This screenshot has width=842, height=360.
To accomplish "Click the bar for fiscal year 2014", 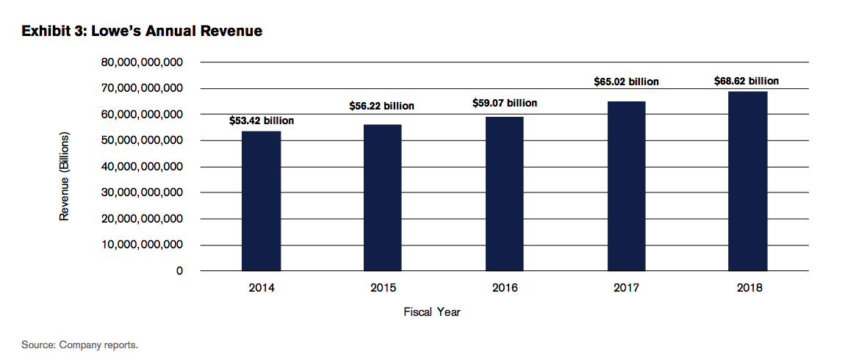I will (261, 201).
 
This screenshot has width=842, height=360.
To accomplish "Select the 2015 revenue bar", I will (382, 198).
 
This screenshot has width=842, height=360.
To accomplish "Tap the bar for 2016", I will (504, 193).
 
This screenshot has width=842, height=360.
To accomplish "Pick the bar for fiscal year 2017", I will (626, 186).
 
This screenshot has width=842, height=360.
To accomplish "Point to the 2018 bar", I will (747, 181).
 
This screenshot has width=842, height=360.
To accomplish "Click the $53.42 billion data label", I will (262, 120).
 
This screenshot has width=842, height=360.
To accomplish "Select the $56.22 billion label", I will (381, 106).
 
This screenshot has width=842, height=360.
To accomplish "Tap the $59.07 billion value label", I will (504, 103).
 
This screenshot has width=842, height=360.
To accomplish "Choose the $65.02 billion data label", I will (626, 82).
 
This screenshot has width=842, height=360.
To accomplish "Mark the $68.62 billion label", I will (746, 81).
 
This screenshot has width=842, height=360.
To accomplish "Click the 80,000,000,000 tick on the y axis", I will (143, 62).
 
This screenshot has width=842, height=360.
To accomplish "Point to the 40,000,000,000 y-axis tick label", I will (143, 167).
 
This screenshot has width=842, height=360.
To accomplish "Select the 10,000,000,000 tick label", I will (143, 245).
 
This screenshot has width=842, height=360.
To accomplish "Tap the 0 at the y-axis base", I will (179, 271).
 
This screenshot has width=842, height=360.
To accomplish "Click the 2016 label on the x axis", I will (504, 288).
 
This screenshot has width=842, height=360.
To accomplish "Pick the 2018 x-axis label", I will (749, 288).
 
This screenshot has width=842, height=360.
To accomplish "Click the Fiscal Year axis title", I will (432, 312).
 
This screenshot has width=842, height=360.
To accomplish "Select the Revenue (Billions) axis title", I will (65, 177).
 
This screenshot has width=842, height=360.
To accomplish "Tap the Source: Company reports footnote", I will (80, 345).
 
